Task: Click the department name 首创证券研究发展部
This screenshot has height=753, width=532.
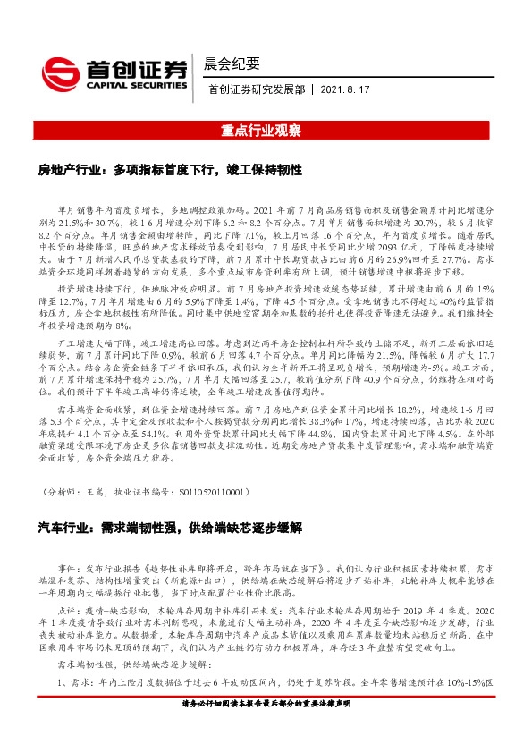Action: [x=254, y=89]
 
